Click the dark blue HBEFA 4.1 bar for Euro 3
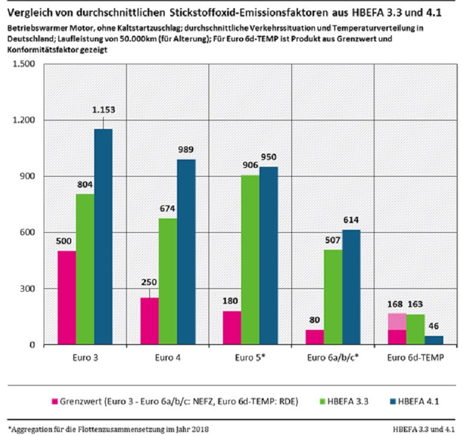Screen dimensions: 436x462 (102, 236)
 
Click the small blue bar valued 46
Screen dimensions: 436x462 (433, 340)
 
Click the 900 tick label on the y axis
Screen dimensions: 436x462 (28, 176)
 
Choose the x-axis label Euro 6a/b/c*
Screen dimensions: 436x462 (334, 358)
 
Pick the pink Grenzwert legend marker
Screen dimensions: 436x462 (54, 402)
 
